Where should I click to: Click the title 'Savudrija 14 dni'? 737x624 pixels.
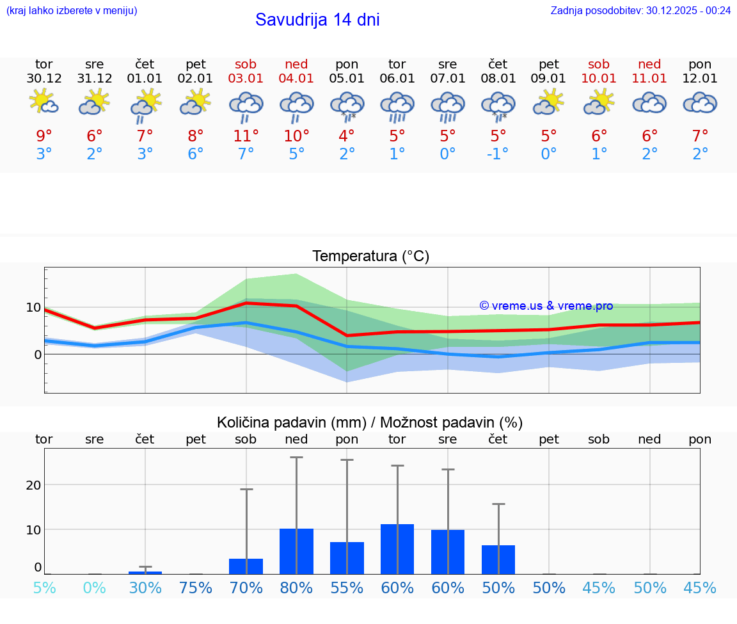[317, 20]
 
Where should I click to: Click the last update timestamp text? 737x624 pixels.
[640, 10]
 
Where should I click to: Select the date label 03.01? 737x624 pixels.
[246, 79]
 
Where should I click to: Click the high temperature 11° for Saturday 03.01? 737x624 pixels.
[246, 136]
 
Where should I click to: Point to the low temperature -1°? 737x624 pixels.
[498, 154]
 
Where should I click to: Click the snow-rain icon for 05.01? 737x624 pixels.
[347, 105]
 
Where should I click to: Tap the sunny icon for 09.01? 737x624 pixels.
[548, 102]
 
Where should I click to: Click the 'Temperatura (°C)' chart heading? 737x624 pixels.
[370, 257]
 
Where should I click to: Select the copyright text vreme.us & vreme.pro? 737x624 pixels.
[546, 306]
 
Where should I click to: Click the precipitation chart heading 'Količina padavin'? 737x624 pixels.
[370, 422]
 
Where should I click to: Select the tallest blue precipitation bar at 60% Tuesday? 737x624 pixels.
[397, 549]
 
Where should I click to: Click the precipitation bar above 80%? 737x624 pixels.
[296, 551]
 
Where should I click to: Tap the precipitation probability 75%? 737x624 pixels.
[196, 588]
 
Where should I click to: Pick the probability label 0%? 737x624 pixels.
[95, 588]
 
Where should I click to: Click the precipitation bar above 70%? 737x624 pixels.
[246, 566]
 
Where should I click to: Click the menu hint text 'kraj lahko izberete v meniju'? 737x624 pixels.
[71, 10]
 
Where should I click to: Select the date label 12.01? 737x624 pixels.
[700, 79]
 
